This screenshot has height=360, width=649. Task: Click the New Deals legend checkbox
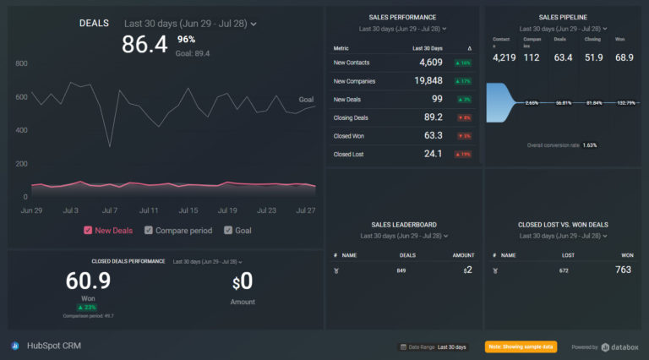[x=88, y=231]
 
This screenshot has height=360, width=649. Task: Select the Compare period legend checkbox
[x=149, y=231]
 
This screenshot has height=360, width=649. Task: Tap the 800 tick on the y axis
[x=21, y=63]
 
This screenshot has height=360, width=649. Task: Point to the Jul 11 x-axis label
[x=149, y=210]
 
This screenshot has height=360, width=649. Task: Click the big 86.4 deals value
[x=145, y=45]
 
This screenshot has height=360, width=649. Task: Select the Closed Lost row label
[x=349, y=155]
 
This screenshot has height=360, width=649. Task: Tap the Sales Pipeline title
[x=563, y=17]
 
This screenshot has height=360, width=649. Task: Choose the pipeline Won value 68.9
[x=624, y=57]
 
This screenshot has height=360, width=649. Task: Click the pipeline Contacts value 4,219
[x=504, y=57]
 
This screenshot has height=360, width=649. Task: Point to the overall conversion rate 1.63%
[x=590, y=145]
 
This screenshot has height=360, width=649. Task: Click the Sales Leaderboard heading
[x=403, y=225]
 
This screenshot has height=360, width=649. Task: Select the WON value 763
[x=623, y=270]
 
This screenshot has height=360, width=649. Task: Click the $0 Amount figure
[x=243, y=281]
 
